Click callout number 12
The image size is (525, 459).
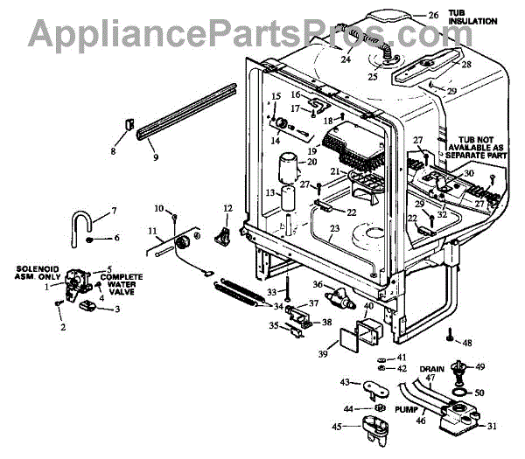[x=227, y=207]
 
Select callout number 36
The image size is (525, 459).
[x=318, y=285]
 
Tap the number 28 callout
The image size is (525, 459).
[x=465, y=64]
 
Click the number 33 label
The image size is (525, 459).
[x=272, y=291]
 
